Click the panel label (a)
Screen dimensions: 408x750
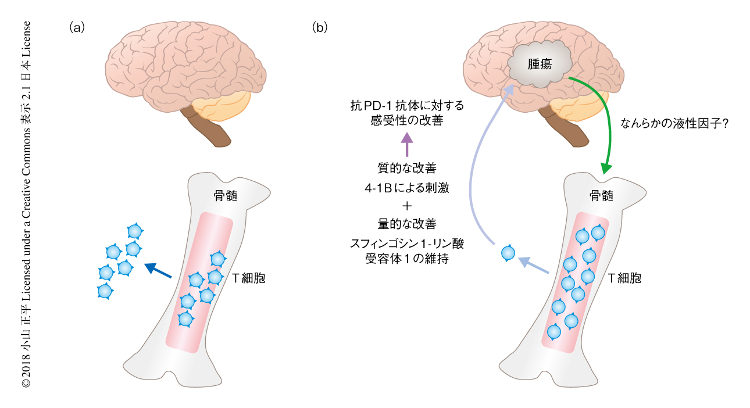(77, 27)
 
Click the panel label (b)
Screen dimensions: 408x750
(320, 27)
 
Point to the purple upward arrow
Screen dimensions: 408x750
(406, 144)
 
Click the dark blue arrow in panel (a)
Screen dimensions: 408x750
(158, 271)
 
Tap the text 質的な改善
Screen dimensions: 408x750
(406, 168)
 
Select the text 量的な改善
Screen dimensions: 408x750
(406, 223)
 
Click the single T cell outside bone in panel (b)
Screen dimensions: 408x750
(508, 253)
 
